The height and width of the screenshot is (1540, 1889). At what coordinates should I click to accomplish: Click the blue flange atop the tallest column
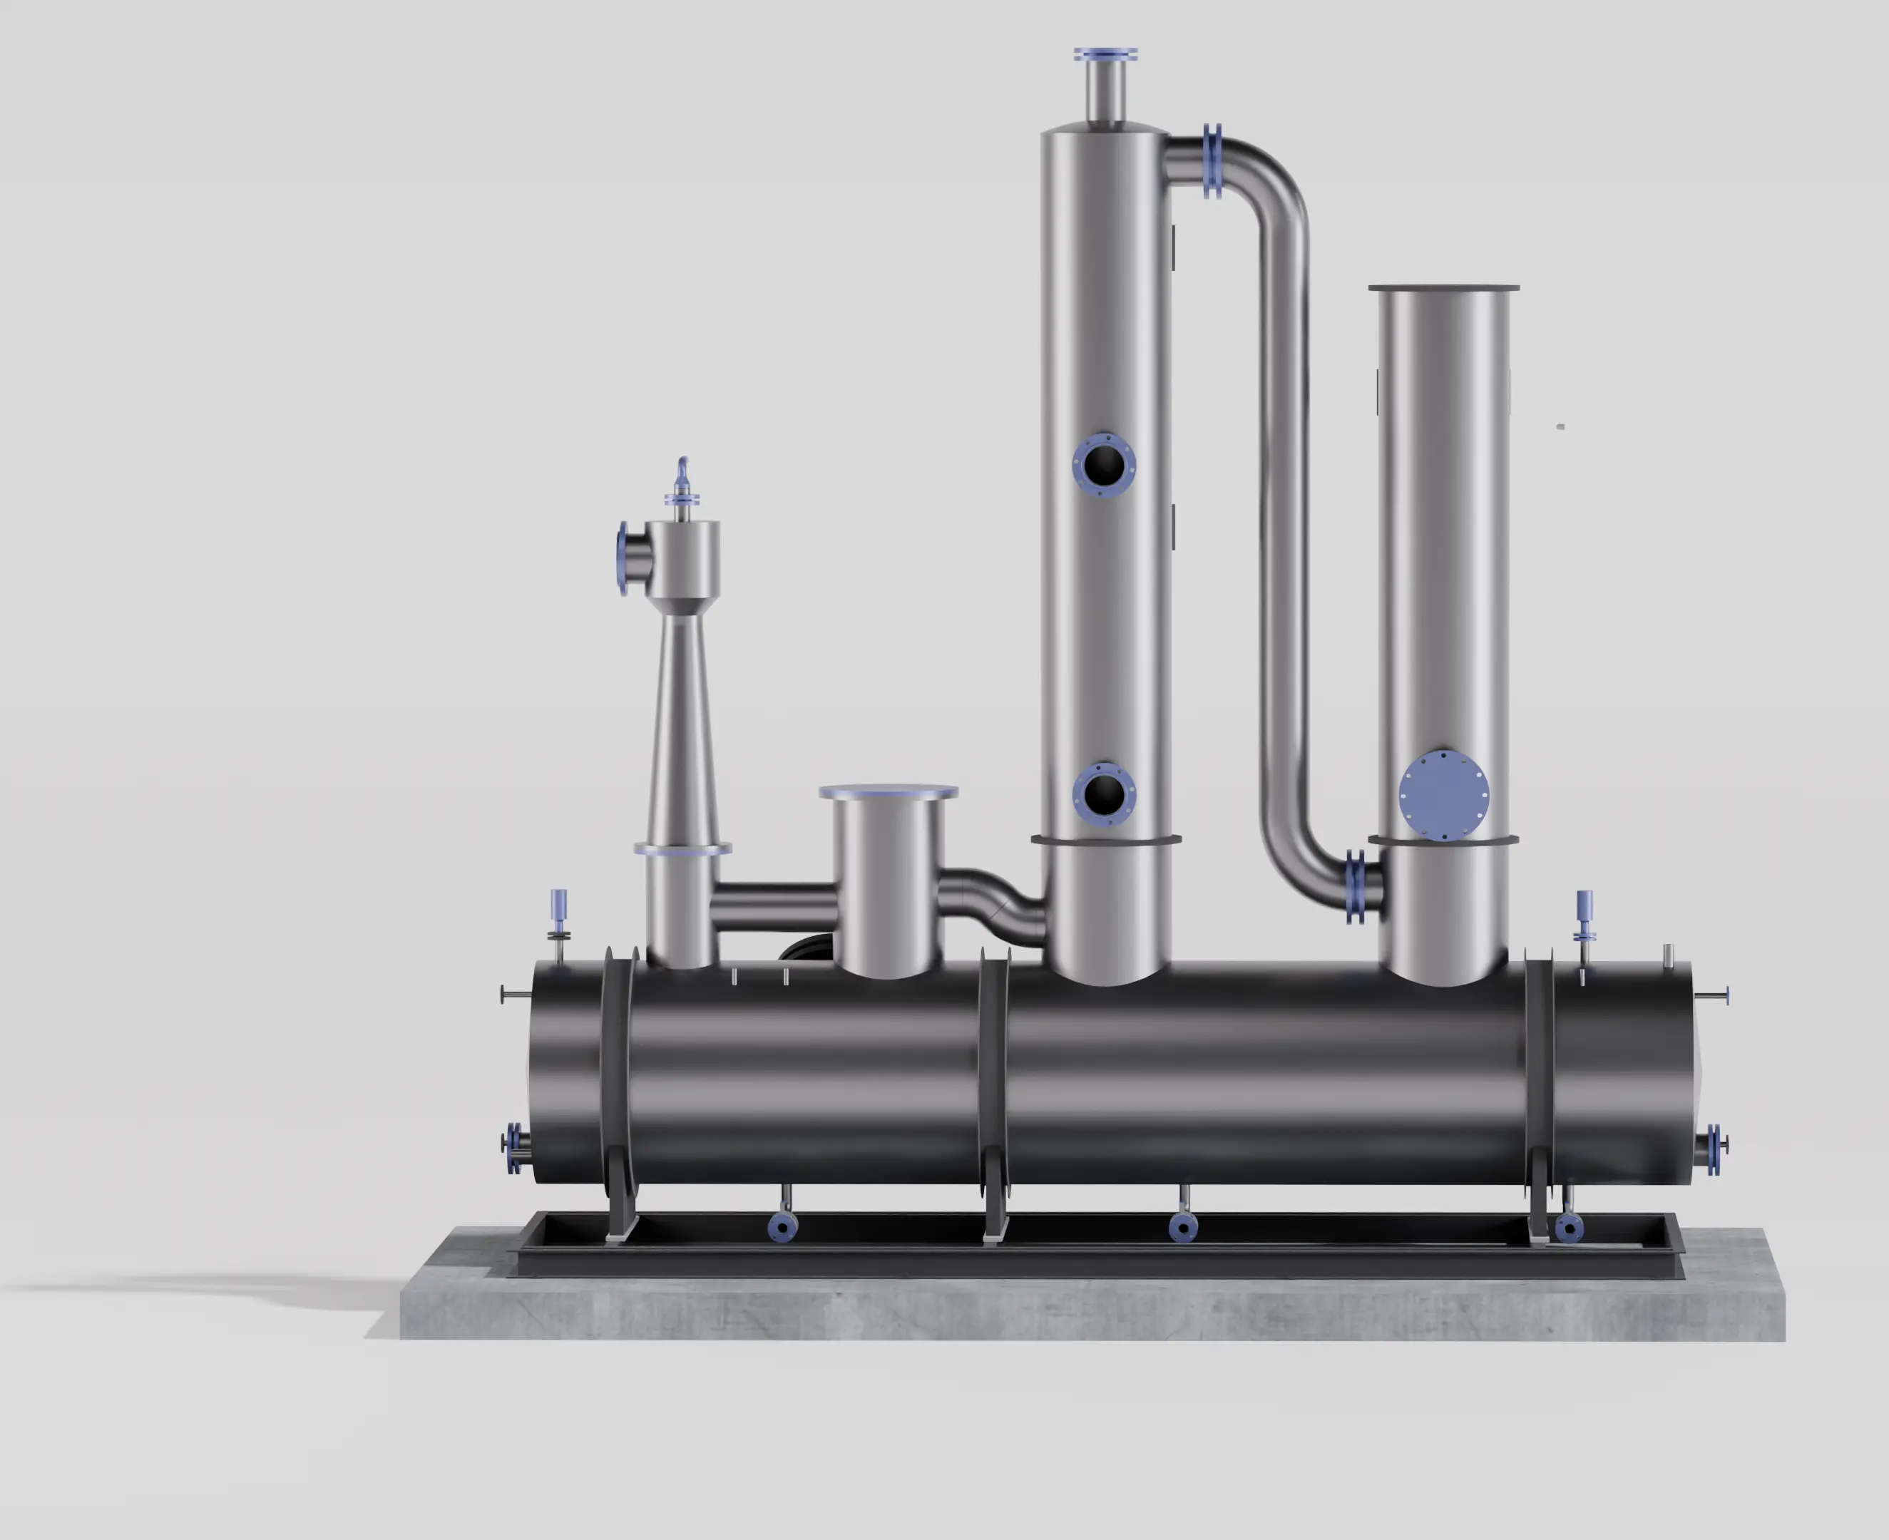(x=1105, y=55)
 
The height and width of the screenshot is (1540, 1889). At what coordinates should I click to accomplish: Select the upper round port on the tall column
(x=1104, y=464)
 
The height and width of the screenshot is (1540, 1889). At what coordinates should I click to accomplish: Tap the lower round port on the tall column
(x=1104, y=793)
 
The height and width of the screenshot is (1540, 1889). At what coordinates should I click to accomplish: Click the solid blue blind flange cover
(x=1443, y=796)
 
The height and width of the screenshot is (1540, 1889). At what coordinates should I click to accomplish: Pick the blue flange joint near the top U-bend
(x=1213, y=161)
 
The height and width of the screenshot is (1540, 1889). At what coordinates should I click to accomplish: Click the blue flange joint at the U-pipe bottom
(x=1355, y=886)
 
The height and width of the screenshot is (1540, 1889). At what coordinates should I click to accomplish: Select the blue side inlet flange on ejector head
(x=623, y=558)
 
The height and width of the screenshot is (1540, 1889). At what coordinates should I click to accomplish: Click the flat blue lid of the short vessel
(x=888, y=791)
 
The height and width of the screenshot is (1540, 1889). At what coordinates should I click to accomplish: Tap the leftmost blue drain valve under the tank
(x=782, y=1227)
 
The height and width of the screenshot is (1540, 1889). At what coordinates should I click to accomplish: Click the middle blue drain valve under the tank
(x=1183, y=1227)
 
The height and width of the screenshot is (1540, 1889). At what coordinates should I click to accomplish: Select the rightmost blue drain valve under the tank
(x=1569, y=1228)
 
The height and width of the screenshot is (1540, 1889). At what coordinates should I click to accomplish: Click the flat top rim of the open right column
(x=1443, y=287)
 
